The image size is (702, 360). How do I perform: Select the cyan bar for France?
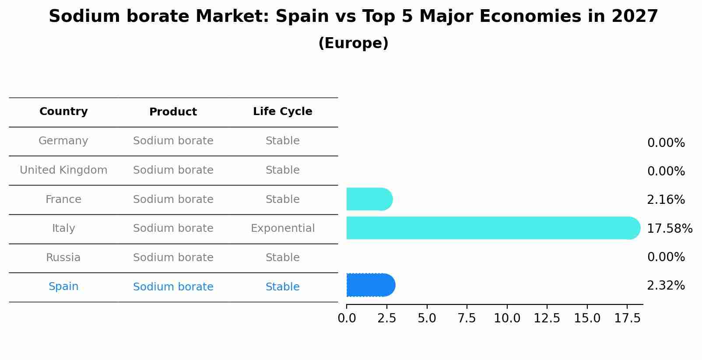pos(369,199)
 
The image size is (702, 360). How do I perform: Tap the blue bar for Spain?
pos(370,285)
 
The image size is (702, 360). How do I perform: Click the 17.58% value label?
pos(669,228)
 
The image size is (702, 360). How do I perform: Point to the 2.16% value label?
pos(666,200)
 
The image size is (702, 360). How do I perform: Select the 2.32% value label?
pos(666,286)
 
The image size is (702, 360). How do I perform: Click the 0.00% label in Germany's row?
pos(666,143)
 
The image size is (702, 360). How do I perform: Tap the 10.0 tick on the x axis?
pos(507,318)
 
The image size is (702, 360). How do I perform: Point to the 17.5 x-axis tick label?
pos(627,318)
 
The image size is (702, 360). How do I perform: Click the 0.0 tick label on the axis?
pos(347,318)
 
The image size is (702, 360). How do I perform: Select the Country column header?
pos(63,112)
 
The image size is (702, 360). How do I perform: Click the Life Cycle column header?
pos(282,112)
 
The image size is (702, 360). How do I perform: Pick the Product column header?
pos(173,112)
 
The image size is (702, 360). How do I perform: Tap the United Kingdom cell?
pos(63,170)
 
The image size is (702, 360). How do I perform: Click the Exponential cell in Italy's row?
pos(282,228)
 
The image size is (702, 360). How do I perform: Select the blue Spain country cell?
pos(63,287)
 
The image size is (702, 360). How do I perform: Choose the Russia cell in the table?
pos(63,258)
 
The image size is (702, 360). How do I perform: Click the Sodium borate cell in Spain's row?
pos(173,287)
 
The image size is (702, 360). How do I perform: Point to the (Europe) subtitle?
pos(353,43)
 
